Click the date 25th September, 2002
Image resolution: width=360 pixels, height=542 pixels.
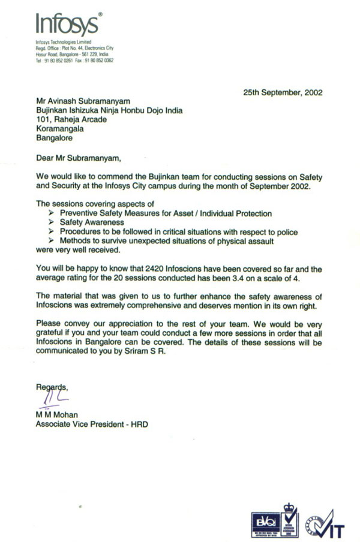[283, 93]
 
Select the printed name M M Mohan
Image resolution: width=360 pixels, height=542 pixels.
[57, 415]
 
